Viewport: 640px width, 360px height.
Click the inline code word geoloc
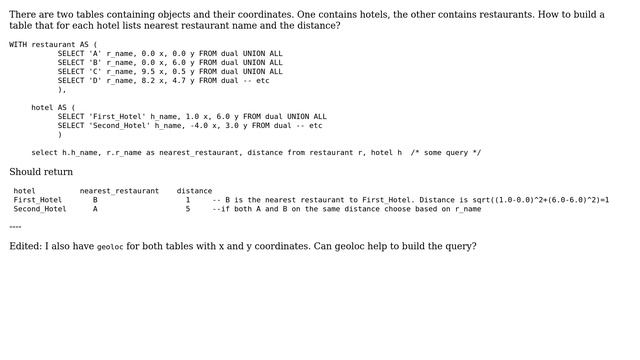pos(110,247)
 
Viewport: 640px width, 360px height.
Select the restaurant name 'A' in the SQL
pos(95,53)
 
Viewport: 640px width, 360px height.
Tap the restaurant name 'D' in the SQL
pos(95,80)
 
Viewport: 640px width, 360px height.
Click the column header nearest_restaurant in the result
pos(119,191)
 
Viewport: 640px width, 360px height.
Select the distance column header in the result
pos(194,191)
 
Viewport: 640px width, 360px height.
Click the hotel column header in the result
pos(24,191)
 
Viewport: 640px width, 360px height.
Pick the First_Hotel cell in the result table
pos(38,200)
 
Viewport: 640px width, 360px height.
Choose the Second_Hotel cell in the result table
pos(40,209)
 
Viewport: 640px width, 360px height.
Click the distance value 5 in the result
pos(187,209)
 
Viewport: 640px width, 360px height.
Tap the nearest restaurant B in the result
pos(95,200)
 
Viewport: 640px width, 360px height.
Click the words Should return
pos(41,172)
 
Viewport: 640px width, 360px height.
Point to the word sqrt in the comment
pos(482,200)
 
